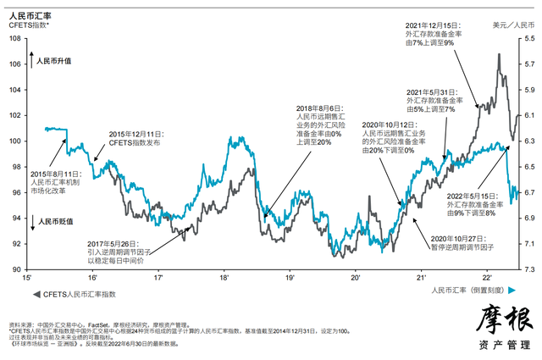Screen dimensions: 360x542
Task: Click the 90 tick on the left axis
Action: pos(16,270)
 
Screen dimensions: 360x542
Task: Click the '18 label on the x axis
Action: pos(224,278)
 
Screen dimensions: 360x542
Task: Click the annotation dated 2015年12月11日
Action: pos(142,139)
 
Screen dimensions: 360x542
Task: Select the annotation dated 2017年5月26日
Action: pos(119,246)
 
